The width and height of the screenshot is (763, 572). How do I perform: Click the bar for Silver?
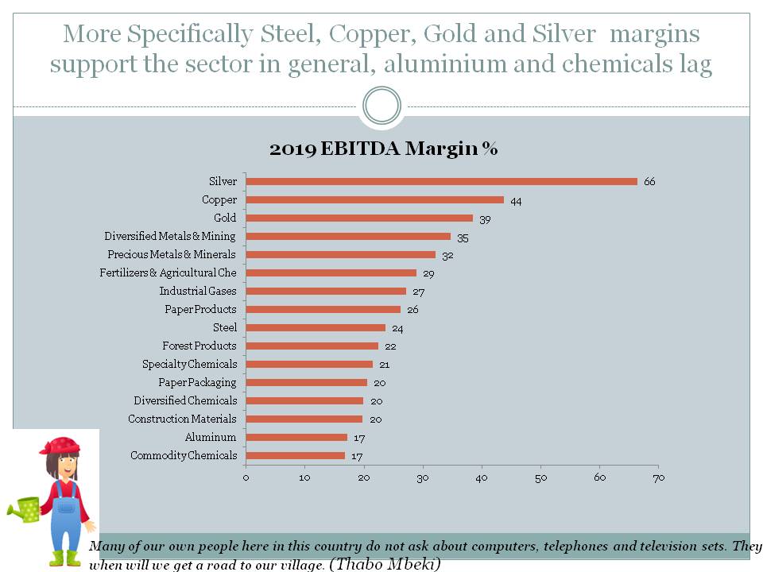click(x=441, y=181)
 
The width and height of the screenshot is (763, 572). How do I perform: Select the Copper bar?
click(x=374, y=199)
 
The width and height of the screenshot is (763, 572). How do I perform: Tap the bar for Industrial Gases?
click(x=326, y=291)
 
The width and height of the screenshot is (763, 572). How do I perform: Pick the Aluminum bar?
click(x=296, y=437)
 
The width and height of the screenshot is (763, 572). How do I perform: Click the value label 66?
click(x=649, y=182)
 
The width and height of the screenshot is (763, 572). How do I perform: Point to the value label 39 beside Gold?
click(x=485, y=218)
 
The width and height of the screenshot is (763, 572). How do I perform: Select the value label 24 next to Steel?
click(x=397, y=328)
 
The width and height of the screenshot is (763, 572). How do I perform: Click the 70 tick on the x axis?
click(x=658, y=477)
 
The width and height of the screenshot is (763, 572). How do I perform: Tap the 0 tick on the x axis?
click(x=246, y=477)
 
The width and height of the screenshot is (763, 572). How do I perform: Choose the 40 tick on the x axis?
click(x=482, y=477)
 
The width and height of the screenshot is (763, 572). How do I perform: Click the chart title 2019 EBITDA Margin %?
click(x=383, y=149)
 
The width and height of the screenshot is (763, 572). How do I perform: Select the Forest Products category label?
click(x=199, y=346)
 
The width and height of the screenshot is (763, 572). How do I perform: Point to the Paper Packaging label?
click(x=197, y=383)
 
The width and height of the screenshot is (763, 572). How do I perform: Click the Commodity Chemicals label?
click(x=184, y=456)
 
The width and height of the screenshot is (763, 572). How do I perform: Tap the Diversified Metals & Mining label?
click(x=170, y=236)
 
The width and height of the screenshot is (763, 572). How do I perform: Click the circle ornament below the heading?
click(x=381, y=106)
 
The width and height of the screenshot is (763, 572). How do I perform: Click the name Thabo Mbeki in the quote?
click(x=384, y=564)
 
